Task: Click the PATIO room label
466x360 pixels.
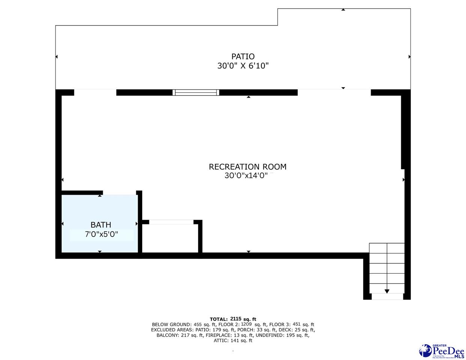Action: click(243, 57)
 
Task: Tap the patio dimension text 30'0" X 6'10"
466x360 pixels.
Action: click(243, 66)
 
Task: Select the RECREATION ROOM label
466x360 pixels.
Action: click(248, 167)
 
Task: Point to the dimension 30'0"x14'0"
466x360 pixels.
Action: click(246, 176)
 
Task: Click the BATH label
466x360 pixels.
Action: click(101, 225)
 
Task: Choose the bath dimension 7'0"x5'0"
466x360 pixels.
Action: click(101, 234)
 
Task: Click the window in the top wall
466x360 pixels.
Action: click(196, 93)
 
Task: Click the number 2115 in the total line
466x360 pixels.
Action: click(236, 319)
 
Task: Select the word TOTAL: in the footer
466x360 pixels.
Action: click(218, 319)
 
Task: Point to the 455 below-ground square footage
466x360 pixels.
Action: click(197, 324)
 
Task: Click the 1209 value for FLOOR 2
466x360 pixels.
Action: click(247, 324)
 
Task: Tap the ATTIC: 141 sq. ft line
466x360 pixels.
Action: click(233, 340)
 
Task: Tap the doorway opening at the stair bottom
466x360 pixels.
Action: click(387, 297)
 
